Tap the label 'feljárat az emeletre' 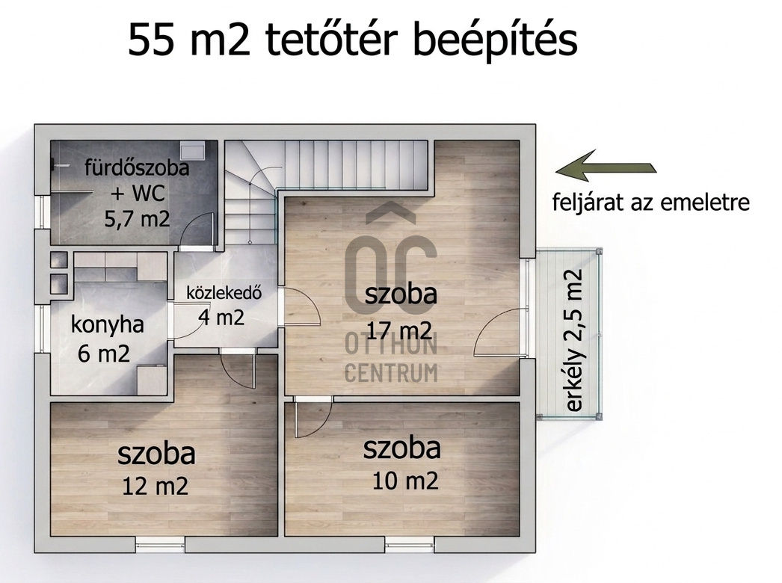(651, 202)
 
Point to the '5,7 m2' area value (137, 218)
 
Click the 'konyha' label (107, 324)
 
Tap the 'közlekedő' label (224, 292)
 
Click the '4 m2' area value (221, 317)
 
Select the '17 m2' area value (399, 330)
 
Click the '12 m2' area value (155, 486)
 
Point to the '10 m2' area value (405, 481)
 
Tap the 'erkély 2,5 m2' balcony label (574, 341)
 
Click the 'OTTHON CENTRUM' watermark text (392, 359)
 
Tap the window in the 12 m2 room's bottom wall (160, 545)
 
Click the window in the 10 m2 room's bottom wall (410, 545)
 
